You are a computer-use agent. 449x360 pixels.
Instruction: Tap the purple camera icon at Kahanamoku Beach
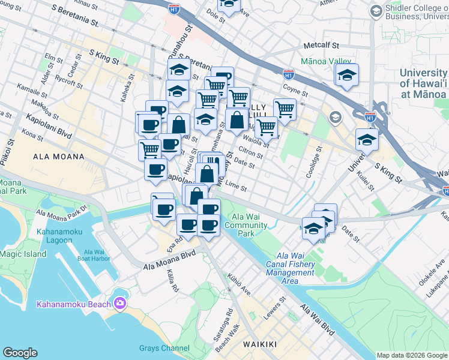click(120, 304)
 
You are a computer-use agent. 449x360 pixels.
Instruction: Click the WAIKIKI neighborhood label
click(260, 344)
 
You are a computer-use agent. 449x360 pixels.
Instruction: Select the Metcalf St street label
click(321, 45)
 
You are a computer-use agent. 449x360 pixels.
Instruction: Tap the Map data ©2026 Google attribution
click(411, 355)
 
